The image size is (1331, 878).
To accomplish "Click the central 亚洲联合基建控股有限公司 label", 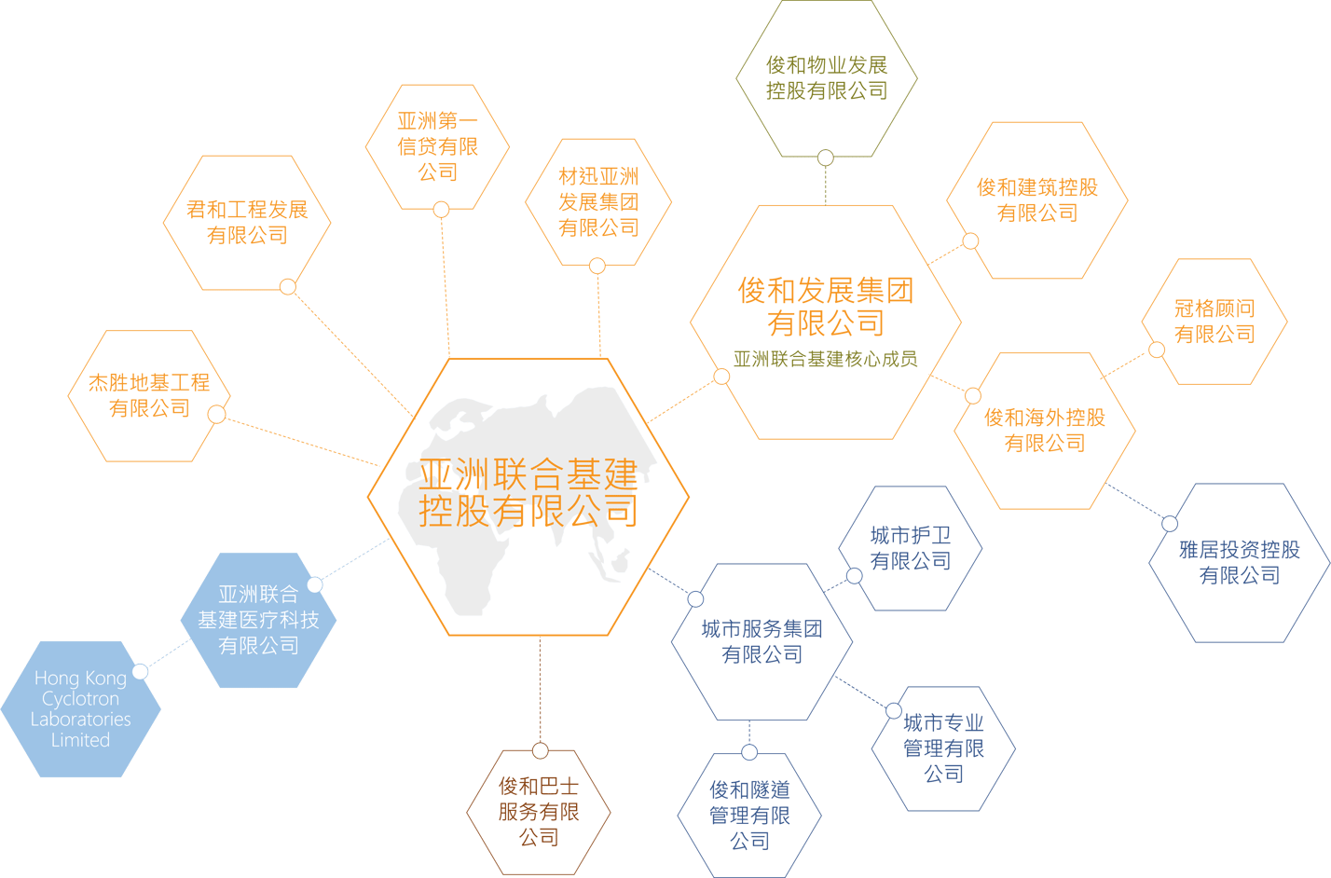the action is pos(528,492).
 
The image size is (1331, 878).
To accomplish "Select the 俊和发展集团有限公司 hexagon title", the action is pos(825,307).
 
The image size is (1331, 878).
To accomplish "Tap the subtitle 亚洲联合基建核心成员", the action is pos(825,359).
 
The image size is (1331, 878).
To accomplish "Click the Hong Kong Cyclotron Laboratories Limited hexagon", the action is pos(81,708).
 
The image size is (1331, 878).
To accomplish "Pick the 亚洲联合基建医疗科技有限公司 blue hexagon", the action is pos(258,620).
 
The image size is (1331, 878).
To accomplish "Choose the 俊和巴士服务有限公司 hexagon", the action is pos(539,812).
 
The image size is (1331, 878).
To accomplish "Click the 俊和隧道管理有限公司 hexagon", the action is pos(750,815).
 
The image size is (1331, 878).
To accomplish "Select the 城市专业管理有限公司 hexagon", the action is pos(943,748).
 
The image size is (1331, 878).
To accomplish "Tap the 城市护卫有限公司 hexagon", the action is pos(911,548).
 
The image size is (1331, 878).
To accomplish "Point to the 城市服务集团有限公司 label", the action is pos(762,641).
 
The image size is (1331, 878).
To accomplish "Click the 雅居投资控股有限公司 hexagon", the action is pos(1240,563).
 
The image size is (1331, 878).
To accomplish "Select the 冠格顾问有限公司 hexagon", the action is pos(1214,322).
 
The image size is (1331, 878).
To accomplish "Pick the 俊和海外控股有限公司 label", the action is pos(1045,430).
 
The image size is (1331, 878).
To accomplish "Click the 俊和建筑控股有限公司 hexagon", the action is pos(1037,200).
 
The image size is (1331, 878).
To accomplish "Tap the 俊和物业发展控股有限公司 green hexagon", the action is pos(827,77).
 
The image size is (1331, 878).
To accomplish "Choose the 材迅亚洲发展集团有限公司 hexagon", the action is pos(598,202).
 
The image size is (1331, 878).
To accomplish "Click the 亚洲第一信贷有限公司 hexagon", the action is pos(437,146).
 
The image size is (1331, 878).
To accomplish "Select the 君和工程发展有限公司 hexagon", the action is pos(247,223).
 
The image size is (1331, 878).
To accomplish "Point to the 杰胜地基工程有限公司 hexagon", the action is pos(149,395).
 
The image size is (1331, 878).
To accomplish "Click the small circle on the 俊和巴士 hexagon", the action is pos(540,751).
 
